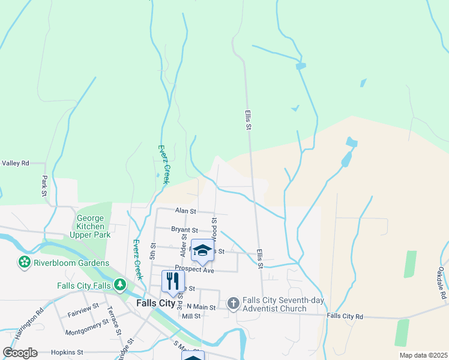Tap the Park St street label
click(44, 185)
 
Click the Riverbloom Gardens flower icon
click(24, 263)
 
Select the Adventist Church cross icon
click(234, 304)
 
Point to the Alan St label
click(185, 211)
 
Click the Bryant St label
click(184, 230)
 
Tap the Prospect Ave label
click(194, 270)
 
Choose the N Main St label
click(200, 307)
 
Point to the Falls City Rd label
click(345, 316)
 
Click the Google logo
click(20, 353)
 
